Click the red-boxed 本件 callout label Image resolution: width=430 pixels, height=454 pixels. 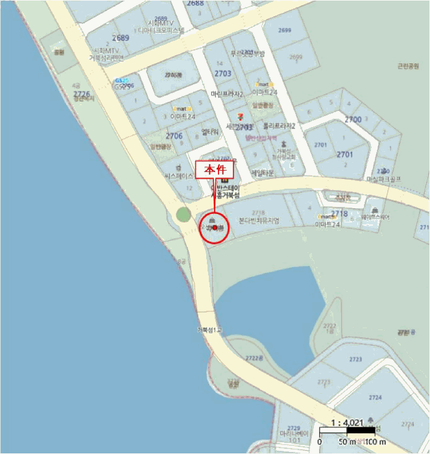214,169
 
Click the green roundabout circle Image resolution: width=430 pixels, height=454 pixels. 184,215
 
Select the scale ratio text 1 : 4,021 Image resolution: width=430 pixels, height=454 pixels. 348,422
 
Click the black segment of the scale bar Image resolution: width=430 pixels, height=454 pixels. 361,430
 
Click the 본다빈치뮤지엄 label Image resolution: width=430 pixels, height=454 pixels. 259,221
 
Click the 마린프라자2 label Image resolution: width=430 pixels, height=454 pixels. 227,94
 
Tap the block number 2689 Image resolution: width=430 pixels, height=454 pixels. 121,38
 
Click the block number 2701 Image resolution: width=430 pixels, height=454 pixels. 344,154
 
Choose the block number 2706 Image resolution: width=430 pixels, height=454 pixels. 174,136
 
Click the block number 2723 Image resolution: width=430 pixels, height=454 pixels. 355,359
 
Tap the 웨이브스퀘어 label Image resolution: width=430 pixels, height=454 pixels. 376,218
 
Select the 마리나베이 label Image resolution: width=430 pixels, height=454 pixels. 293,433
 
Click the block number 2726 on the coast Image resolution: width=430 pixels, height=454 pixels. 82,95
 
